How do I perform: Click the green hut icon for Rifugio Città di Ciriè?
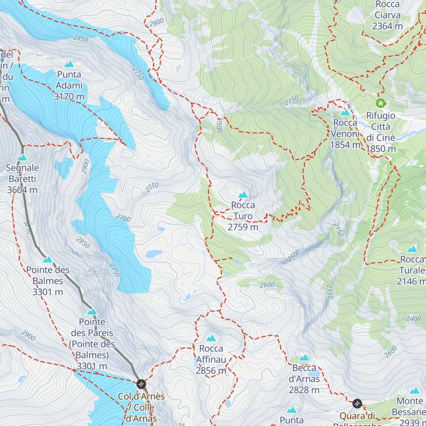pyautogui.click(x=381, y=103)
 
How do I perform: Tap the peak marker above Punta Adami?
pyautogui.click(x=69, y=64)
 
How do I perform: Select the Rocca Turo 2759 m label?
pyautogui.click(x=243, y=216)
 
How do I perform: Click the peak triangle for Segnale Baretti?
pyautogui.click(x=22, y=157)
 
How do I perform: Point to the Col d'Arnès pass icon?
pyautogui.click(x=141, y=384)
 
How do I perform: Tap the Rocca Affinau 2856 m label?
pyautogui.click(x=211, y=360)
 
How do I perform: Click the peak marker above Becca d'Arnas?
pyautogui.click(x=304, y=357)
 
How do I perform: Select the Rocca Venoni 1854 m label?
pyautogui.click(x=345, y=134)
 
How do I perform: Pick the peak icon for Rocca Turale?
pyautogui.click(x=412, y=248)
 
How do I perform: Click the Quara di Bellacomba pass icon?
pyautogui.click(x=357, y=404)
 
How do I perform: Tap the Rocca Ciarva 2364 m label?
pyautogui.click(x=387, y=15)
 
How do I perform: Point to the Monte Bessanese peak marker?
pyautogui.click(x=415, y=390)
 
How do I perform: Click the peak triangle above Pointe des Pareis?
pyautogui.click(x=92, y=311)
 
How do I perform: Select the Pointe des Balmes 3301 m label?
pyautogui.click(x=48, y=281)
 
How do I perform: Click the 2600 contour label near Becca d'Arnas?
pyautogui.click(x=267, y=285)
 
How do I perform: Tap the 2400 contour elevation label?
pyautogui.click(x=413, y=319)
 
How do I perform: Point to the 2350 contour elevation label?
pyautogui.click(x=330, y=291)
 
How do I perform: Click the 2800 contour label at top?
pyautogui.click(x=156, y=22)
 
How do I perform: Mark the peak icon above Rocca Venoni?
pyautogui.click(x=345, y=113)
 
